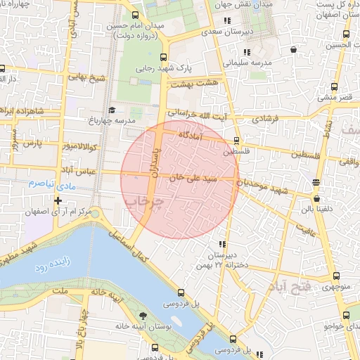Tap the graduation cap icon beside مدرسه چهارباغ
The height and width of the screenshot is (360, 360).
click(112, 110)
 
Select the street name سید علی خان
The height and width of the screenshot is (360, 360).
click(191, 179)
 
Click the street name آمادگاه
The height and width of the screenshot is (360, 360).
click(191, 134)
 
